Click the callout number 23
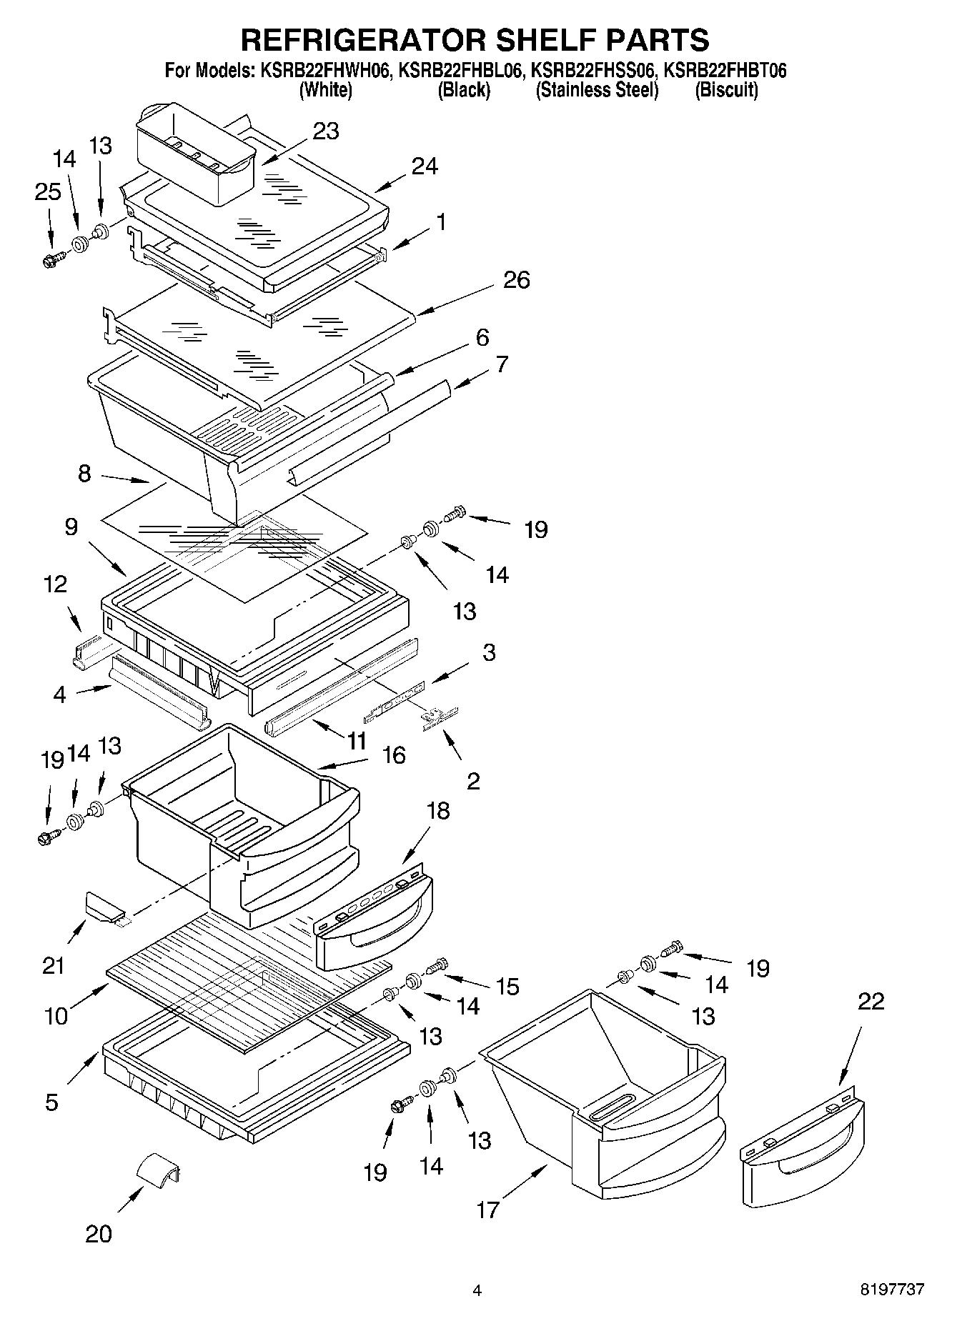tap(325, 131)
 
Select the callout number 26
tap(516, 279)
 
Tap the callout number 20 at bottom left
tap(99, 1235)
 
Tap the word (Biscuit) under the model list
tap(726, 90)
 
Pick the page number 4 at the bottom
tap(477, 1290)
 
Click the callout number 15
tap(507, 987)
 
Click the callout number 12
tap(54, 584)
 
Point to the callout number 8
tap(84, 473)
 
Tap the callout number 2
tap(472, 780)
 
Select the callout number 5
tap(51, 1102)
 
